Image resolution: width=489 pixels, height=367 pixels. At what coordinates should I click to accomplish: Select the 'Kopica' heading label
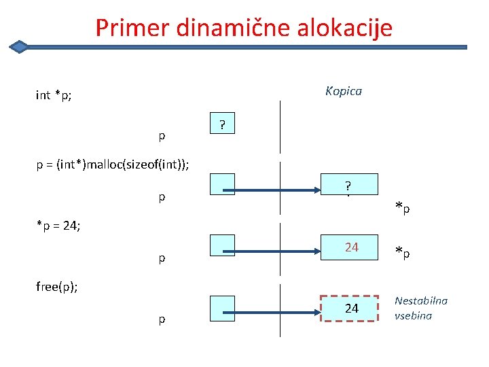point(343,91)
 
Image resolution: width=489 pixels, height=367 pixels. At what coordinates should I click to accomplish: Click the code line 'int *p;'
point(54,95)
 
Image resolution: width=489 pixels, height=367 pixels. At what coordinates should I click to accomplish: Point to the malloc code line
point(113,164)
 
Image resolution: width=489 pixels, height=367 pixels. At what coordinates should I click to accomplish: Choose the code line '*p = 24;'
point(58,225)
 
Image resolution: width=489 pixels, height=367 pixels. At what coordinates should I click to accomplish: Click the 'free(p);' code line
point(58,286)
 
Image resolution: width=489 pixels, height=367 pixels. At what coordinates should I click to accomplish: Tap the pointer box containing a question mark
point(222,124)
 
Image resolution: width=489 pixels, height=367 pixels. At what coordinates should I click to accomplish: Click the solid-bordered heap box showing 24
point(349,247)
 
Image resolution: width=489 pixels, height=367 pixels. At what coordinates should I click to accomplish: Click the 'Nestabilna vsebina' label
point(420,308)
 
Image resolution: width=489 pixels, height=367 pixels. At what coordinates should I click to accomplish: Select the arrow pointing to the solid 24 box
point(278,247)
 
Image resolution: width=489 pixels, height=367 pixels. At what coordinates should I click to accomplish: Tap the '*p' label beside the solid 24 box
point(403,253)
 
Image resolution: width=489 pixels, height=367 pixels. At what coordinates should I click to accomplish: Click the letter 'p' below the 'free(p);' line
point(162,319)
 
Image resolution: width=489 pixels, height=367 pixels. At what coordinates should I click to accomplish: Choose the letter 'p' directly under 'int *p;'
point(162,136)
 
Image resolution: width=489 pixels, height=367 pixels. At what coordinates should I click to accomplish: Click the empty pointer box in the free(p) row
point(222,308)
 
